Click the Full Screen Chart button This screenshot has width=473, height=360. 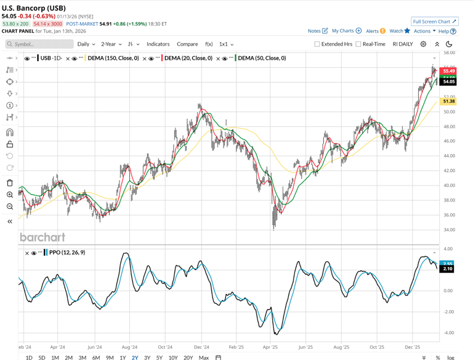click(435, 22)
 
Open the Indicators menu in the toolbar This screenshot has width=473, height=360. click(158, 44)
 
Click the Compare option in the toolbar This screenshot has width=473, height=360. click(187, 44)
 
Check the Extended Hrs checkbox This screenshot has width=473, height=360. click(317, 44)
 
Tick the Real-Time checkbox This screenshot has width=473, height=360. click(358, 44)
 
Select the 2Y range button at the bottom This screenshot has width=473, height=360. click(135, 358)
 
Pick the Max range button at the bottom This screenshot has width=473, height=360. click(204, 358)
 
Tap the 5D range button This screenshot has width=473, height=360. click(42, 358)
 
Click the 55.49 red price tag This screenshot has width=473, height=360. click(448, 72)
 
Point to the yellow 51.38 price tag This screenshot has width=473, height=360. click(448, 101)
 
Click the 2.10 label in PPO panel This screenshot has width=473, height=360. click(448, 269)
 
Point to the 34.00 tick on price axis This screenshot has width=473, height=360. click(448, 230)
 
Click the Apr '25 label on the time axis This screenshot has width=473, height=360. click(270, 347)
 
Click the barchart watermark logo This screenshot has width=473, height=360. click(42, 237)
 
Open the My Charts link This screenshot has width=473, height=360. click(347, 31)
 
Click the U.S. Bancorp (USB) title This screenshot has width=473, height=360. click(39, 8)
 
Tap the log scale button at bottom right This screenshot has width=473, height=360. click(451, 358)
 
